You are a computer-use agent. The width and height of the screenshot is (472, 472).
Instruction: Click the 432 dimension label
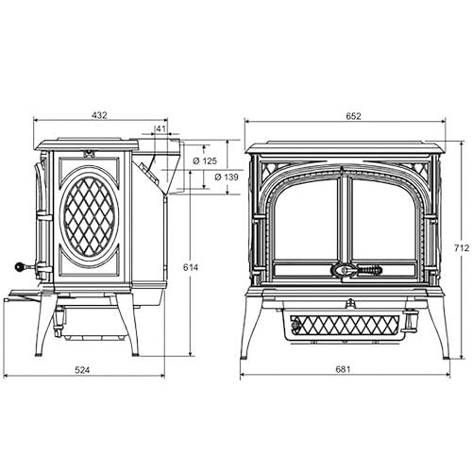[99, 115]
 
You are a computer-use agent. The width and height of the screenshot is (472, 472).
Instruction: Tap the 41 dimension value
[160, 128]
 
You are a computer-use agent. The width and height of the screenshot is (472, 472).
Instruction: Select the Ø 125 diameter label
[205, 161]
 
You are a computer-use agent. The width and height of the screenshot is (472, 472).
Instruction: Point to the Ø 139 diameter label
[227, 177]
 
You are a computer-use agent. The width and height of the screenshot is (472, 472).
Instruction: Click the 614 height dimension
[191, 267]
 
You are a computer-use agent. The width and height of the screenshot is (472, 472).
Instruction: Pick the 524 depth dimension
[82, 370]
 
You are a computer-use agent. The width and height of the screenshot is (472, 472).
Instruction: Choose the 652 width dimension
[353, 116]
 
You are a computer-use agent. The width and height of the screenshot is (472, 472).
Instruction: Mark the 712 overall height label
[462, 248]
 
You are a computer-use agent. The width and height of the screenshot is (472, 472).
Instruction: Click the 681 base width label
[343, 369]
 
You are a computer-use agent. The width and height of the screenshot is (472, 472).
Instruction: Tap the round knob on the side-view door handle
[20, 267]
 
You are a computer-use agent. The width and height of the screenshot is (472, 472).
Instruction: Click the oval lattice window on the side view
[89, 216]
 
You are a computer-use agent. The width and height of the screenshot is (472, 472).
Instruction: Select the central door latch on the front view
[343, 270]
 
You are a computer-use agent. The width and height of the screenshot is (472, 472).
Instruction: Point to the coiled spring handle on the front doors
[369, 270]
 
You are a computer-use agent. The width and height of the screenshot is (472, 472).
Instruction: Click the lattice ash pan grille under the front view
[344, 326]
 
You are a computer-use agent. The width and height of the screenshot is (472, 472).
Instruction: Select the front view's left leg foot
[244, 357]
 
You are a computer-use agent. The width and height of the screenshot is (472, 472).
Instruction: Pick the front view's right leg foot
[447, 357]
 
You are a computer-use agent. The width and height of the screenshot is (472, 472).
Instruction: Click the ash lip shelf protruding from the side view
[25, 295]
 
